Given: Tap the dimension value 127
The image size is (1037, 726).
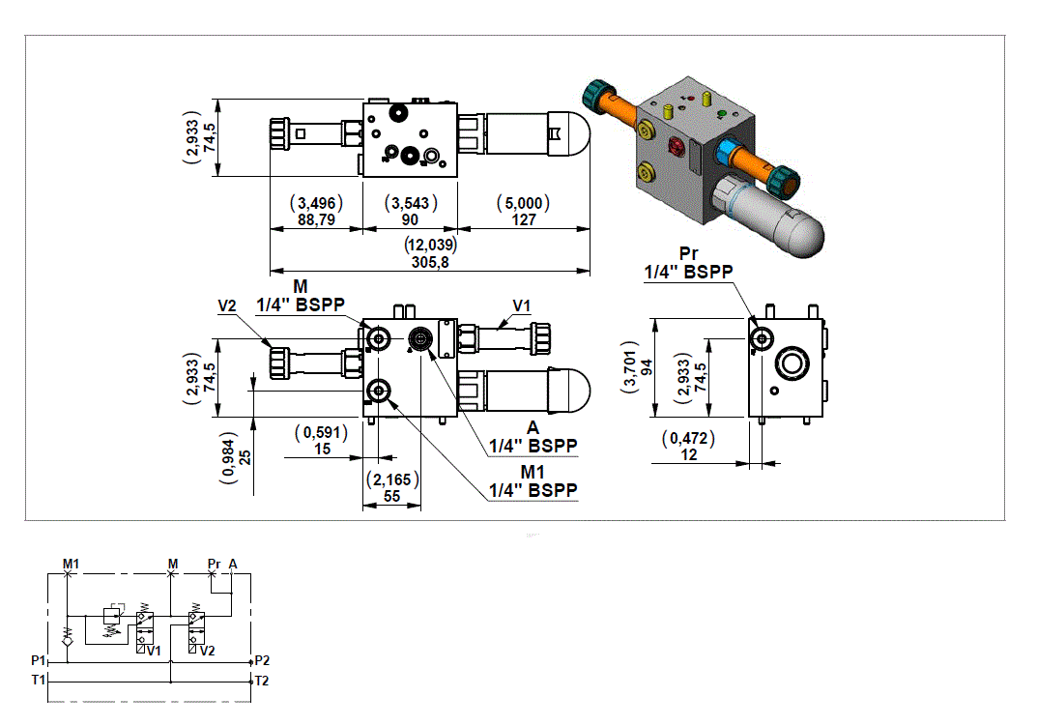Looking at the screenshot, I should (x=522, y=220).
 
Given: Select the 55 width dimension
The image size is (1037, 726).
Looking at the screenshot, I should (x=391, y=495).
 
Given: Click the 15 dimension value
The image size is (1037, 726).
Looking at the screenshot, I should (x=322, y=450).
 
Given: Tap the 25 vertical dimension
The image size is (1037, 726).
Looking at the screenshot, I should (x=245, y=456).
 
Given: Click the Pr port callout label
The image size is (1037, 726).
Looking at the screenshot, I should (x=688, y=254).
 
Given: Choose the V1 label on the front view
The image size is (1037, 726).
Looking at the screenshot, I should (x=521, y=305).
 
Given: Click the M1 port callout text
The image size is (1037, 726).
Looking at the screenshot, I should (x=533, y=471).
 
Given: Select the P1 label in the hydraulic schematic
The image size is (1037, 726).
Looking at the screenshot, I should (x=39, y=660).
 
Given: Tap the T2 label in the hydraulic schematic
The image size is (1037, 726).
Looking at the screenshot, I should (x=261, y=681).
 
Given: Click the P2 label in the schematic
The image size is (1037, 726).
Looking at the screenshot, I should (x=261, y=660).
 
